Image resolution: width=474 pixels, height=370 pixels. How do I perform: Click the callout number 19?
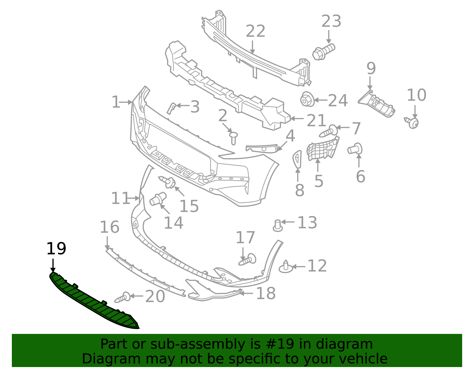pos(56,249)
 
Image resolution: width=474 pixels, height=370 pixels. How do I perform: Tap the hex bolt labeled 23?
pos(323,52)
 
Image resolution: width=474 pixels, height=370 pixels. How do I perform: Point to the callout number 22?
pos(255,31)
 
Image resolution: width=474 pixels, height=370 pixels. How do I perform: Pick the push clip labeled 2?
pos(233,137)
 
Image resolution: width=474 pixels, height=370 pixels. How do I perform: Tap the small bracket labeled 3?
pos(171,108)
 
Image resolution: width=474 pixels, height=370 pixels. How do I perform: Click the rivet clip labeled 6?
pos(355,148)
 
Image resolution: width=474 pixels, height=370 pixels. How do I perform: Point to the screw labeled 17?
pos(248,260)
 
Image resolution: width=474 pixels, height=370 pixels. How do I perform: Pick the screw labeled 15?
pos(168,182)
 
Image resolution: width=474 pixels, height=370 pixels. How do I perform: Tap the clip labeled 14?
pos(158,199)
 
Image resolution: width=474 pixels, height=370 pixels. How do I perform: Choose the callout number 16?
pos(109,227)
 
